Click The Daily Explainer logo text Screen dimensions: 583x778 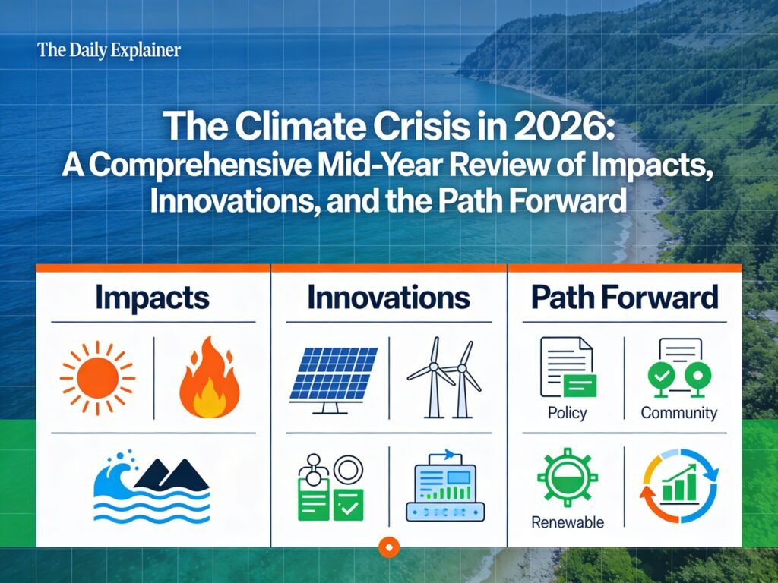coord(109,51)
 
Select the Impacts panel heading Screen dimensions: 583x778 coord(152,298)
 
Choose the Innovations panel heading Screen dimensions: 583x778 coord(388,298)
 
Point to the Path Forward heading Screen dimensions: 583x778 coord(624,298)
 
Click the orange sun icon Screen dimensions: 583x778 coord(97,377)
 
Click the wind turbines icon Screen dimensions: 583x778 coord(444,377)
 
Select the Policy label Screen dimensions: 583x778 coord(567,413)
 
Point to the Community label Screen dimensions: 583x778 coord(678,413)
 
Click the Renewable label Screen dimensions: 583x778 coord(568,522)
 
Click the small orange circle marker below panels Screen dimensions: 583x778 coord(389,545)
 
